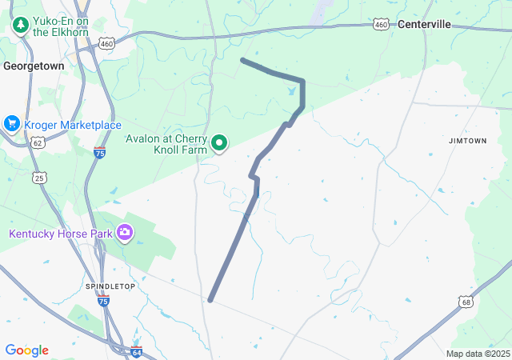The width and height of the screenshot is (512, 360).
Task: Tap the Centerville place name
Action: (424, 24)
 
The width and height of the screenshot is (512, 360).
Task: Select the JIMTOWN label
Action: (467, 140)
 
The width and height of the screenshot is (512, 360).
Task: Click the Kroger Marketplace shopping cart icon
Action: (11, 124)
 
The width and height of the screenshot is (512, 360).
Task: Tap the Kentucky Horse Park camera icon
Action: (124, 233)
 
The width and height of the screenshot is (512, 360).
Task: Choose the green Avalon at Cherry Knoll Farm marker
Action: (219, 144)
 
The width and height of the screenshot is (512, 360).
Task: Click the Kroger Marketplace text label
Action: (72, 125)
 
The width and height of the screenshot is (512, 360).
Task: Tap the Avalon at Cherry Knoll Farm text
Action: (166, 144)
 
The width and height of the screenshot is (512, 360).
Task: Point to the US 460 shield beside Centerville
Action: (382, 26)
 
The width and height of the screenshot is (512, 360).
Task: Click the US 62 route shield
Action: (37, 142)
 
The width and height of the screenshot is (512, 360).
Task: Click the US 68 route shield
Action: (466, 302)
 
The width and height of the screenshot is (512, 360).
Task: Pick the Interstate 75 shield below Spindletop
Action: (103, 301)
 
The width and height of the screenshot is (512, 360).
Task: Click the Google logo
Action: (26, 350)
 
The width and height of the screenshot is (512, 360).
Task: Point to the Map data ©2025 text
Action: (478, 354)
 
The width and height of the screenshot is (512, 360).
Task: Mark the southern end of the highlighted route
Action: (210, 300)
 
